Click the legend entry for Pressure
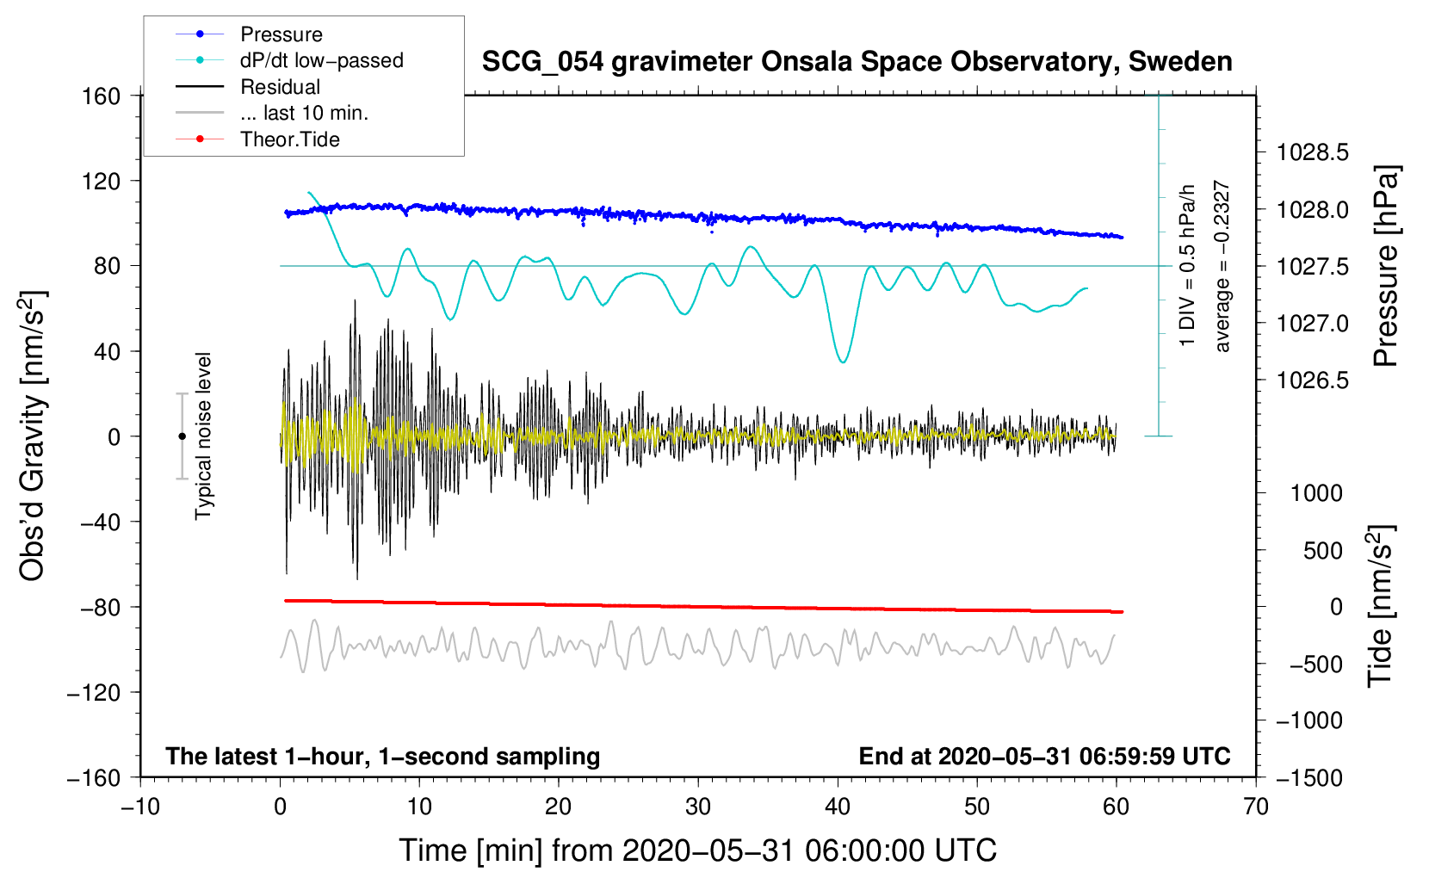pyautogui.click(x=281, y=34)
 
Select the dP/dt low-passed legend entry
pyautogui.click(x=321, y=60)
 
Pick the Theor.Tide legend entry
pyautogui.click(x=289, y=139)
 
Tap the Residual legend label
pyautogui.click(x=280, y=87)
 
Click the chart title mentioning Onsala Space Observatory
pyautogui.click(x=857, y=62)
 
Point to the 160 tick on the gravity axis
pyautogui.click(x=101, y=96)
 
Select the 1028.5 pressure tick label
pyautogui.click(x=1312, y=153)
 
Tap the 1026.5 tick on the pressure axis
pyautogui.click(x=1312, y=380)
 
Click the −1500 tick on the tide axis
pyautogui.click(x=1308, y=778)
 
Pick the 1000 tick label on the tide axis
pyautogui.click(x=1315, y=493)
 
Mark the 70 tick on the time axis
pyautogui.click(x=1256, y=807)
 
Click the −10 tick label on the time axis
pyautogui.click(x=140, y=807)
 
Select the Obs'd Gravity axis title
pyautogui.click(x=33, y=436)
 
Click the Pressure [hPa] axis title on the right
pyautogui.click(x=1386, y=267)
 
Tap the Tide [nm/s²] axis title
pyautogui.click(x=1380, y=607)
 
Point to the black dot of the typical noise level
pyautogui.click(x=182, y=436)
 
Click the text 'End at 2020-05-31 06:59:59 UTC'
pyautogui.click(x=1044, y=757)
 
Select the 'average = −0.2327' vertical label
pyautogui.click(x=1222, y=267)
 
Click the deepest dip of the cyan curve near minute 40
pyautogui.click(x=843, y=362)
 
